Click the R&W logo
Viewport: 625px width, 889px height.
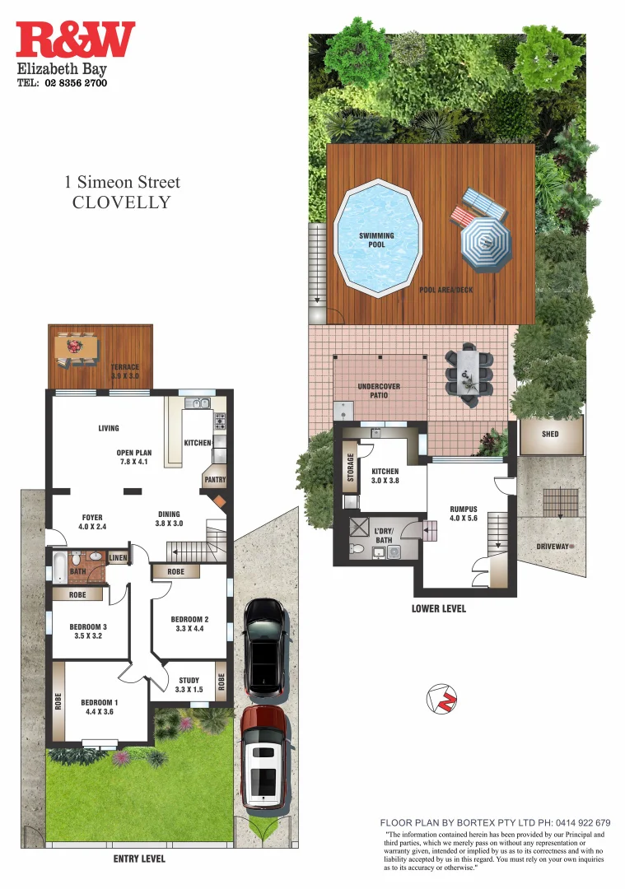pyautogui.click(x=75, y=40)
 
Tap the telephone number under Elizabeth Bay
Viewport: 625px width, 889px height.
pyautogui.click(x=63, y=83)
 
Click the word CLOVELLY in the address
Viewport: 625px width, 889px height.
pyautogui.click(x=122, y=202)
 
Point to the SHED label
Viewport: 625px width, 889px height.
pyautogui.click(x=550, y=434)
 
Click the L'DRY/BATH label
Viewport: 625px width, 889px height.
pyautogui.click(x=383, y=534)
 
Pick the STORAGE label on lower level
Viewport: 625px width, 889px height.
pyautogui.click(x=352, y=467)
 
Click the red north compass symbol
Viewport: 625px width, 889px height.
pyautogui.click(x=442, y=698)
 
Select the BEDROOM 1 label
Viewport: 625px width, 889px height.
pyautogui.click(x=100, y=707)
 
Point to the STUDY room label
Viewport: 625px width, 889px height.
pyautogui.click(x=189, y=685)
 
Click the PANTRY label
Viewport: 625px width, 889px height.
pyautogui.click(x=215, y=480)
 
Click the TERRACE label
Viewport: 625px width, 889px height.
pyautogui.click(x=125, y=371)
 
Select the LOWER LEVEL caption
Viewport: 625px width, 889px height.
pyautogui.click(x=438, y=608)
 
